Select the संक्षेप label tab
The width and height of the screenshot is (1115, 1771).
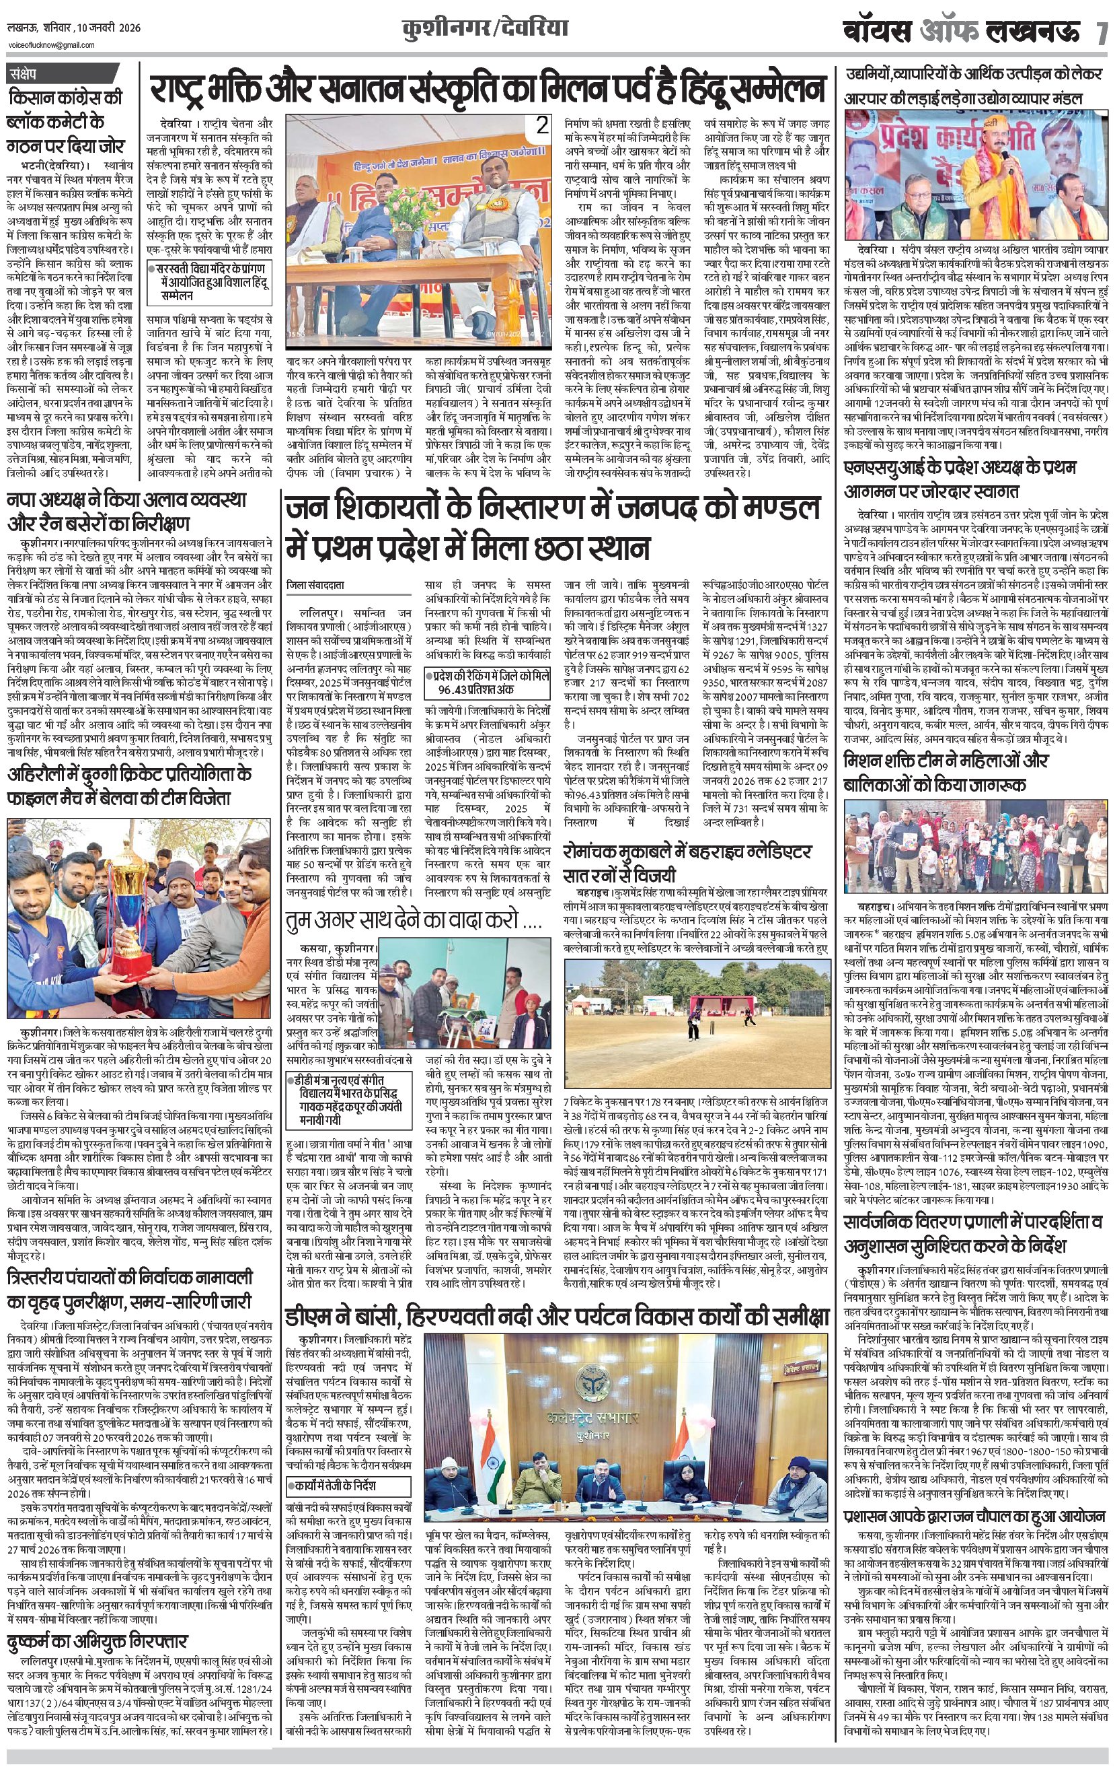point(30,74)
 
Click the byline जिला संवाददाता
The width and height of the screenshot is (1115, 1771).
point(315,585)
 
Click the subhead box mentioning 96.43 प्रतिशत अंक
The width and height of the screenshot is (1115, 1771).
point(490,683)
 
